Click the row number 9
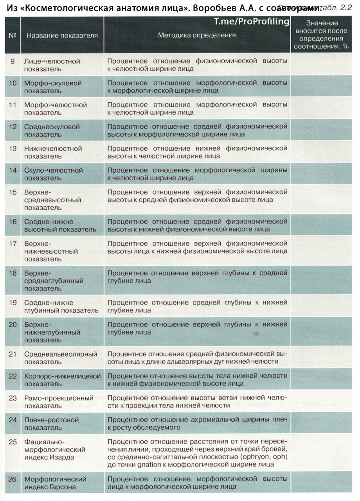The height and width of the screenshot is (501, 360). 13,61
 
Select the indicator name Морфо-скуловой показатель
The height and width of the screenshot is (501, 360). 53,87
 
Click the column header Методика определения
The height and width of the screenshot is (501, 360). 197,35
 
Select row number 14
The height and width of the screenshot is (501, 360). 13,171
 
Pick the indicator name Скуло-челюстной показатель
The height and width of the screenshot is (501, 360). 54,174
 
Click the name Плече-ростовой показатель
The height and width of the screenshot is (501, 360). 51,424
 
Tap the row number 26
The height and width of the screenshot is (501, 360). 13,479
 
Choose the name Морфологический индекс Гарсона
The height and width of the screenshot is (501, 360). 55,483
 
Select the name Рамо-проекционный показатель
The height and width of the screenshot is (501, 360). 59,402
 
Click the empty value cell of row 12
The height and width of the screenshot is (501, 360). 323,131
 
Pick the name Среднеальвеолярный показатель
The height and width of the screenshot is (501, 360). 61,358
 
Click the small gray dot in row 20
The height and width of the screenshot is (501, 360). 256,334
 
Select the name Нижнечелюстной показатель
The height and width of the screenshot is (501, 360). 53,152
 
